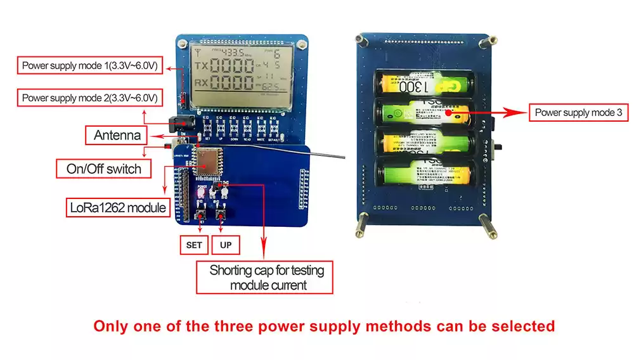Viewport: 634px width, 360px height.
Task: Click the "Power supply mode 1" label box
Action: (x=89, y=65)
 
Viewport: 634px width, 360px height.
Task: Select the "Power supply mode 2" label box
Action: (x=89, y=98)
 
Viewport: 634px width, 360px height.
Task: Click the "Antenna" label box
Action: (x=117, y=135)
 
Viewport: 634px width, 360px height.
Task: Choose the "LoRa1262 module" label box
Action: (x=118, y=207)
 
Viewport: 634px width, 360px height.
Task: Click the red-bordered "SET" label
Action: (x=194, y=245)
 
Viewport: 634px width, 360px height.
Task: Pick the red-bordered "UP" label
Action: (x=225, y=245)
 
